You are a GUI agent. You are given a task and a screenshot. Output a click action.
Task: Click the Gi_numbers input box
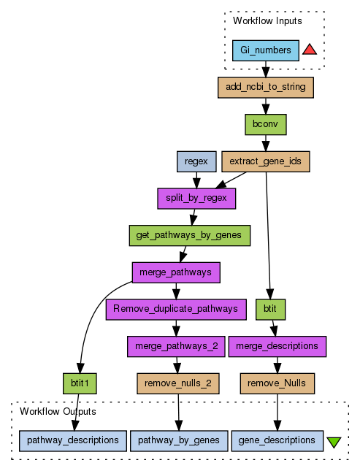266,50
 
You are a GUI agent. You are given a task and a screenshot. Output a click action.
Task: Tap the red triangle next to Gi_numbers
310,50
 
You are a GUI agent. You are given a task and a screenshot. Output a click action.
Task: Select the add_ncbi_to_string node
266,88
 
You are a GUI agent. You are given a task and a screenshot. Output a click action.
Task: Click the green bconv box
266,124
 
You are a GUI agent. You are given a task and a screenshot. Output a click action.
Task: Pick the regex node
196,161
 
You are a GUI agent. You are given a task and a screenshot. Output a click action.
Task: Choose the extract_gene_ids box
266,161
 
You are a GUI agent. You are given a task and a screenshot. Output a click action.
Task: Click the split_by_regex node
196,199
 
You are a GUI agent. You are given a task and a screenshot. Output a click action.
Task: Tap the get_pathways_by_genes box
190,235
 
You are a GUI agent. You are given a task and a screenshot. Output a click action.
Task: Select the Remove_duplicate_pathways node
176,310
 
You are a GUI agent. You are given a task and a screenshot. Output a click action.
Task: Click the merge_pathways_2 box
176,346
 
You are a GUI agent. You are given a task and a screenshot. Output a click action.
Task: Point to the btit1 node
80,383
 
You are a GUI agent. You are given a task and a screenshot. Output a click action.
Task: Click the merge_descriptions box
277,346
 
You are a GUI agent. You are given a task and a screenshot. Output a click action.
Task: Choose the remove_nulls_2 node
178,383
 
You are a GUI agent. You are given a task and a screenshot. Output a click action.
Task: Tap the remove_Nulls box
277,383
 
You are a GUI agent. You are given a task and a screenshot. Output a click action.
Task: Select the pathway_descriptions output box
73,440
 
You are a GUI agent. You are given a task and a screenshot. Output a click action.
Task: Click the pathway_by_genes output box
179,440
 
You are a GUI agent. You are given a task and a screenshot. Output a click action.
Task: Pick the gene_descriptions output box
277,440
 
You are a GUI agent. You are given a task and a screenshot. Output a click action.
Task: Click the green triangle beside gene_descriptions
334,443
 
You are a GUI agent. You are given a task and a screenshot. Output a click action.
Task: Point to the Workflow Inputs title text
267,20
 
